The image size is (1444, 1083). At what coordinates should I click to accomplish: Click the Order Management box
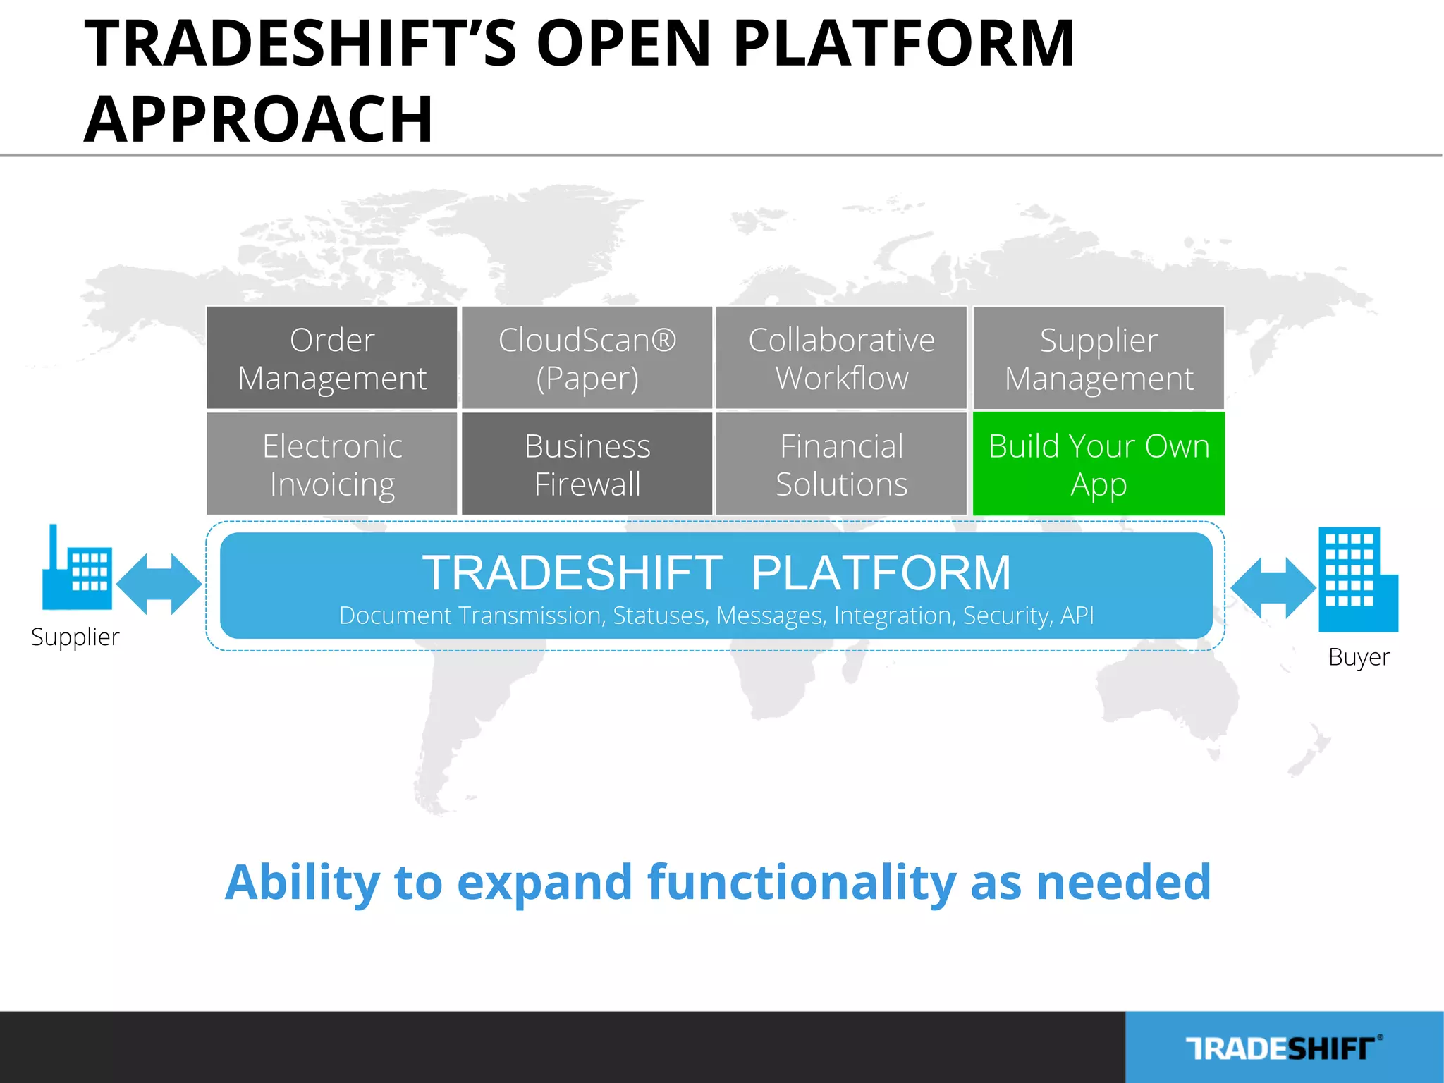[332, 358]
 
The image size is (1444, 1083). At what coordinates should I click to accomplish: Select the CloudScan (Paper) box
[587, 358]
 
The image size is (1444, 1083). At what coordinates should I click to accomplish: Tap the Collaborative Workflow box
[841, 358]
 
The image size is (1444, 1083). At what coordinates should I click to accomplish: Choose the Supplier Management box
[1099, 358]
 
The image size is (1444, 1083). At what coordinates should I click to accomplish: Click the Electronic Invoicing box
[332, 464]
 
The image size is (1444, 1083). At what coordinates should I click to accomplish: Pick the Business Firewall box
[587, 464]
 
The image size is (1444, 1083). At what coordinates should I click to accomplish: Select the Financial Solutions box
[841, 464]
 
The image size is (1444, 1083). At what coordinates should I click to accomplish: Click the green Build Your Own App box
[1099, 464]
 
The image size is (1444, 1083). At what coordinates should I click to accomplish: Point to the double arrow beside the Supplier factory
[159, 584]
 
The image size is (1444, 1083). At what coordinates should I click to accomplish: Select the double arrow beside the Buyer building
[1273, 588]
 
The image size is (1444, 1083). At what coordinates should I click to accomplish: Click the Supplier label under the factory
[75, 637]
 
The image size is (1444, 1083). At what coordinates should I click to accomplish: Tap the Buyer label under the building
[1359, 656]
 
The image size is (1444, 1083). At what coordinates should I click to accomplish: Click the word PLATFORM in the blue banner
[881, 572]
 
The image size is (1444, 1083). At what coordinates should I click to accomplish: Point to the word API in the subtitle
[1077, 616]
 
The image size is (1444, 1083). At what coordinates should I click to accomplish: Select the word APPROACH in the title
[258, 118]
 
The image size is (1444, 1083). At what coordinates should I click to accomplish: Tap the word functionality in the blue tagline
[802, 882]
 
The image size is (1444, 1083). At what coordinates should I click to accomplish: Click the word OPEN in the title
[623, 44]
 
